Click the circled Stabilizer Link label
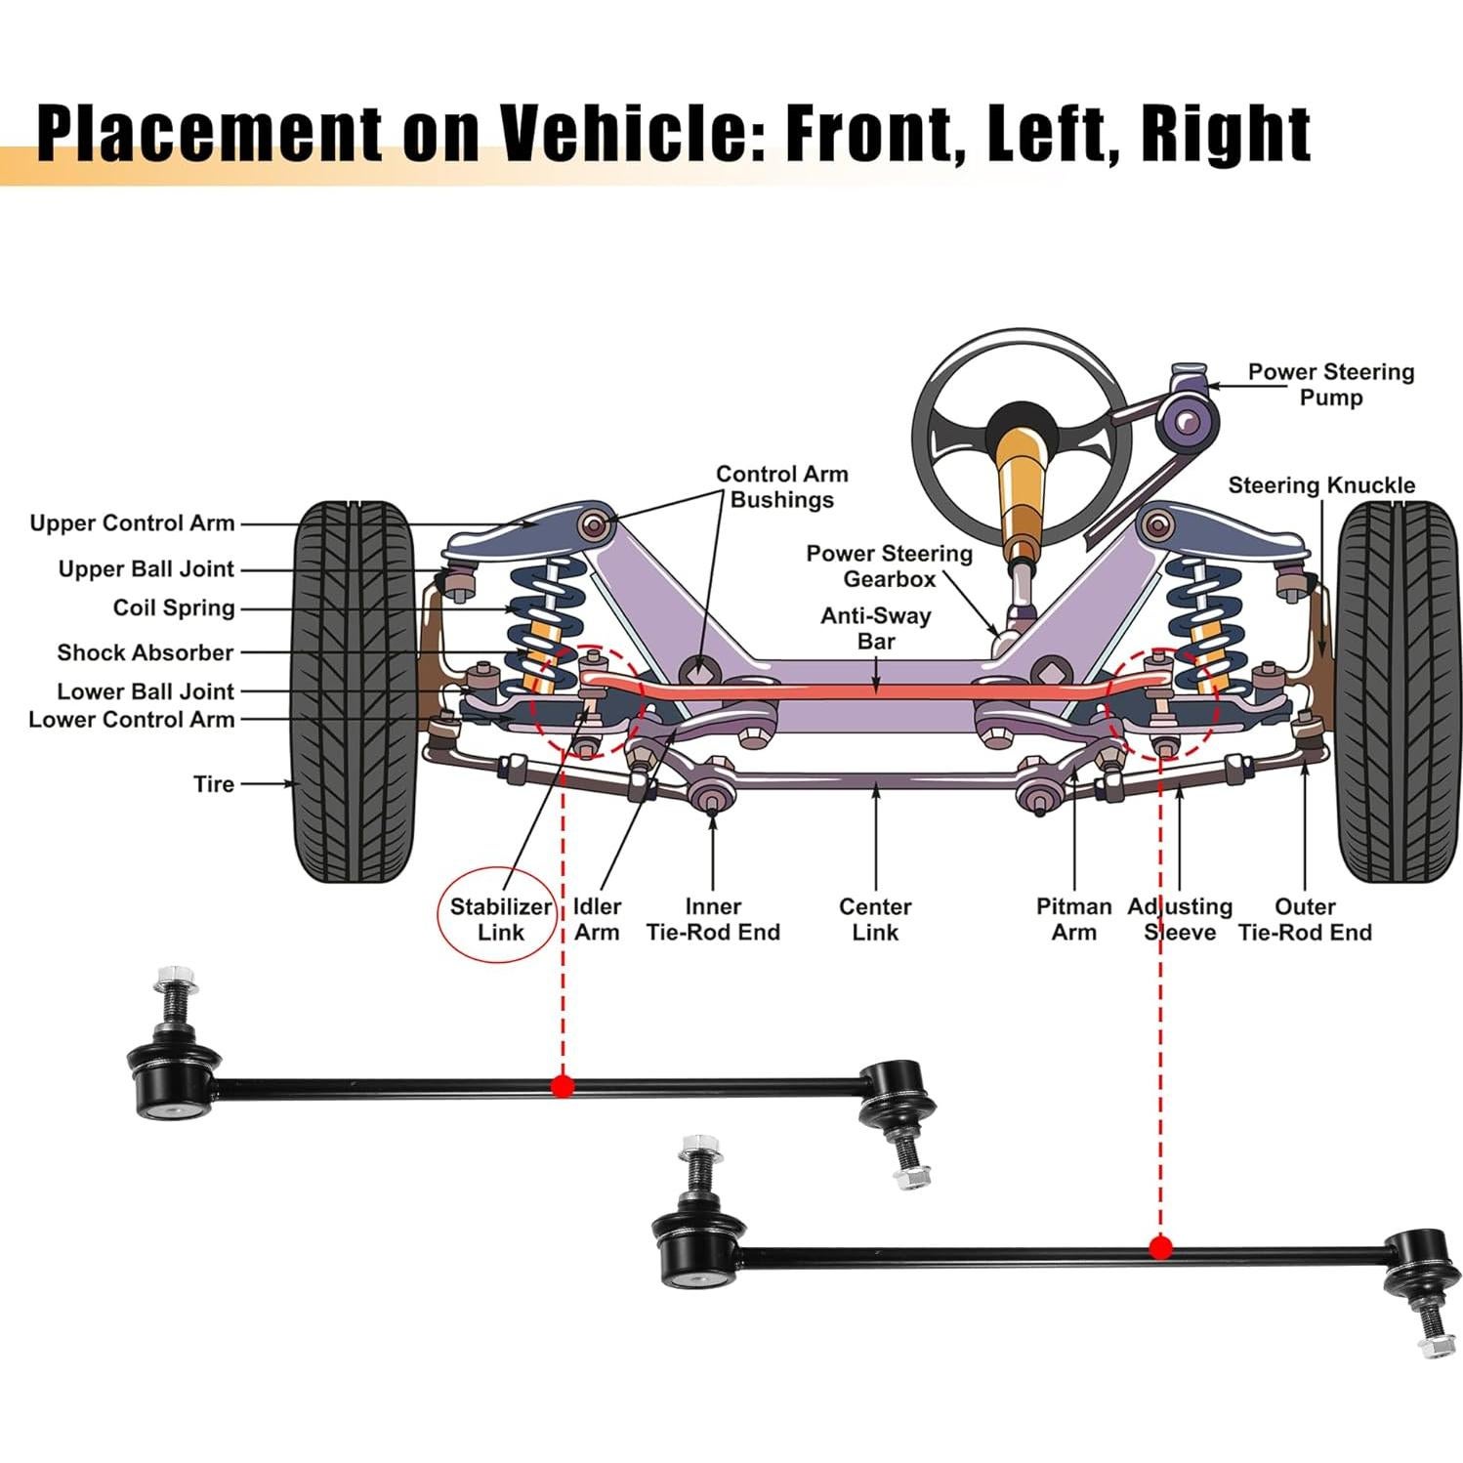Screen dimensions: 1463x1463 click(x=500, y=919)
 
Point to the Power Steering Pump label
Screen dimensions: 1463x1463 click(x=1330, y=385)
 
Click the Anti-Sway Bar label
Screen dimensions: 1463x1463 click(x=875, y=628)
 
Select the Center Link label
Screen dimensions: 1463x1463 click(x=875, y=919)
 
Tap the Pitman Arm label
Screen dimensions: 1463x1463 click(x=1073, y=919)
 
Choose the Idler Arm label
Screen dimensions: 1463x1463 click(x=597, y=919)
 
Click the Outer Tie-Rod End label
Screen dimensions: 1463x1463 click(x=1305, y=919)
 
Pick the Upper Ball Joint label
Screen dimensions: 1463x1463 click(x=146, y=569)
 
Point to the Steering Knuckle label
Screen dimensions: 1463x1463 click(x=1320, y=485)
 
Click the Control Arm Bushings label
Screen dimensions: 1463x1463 click(x=781, y=486)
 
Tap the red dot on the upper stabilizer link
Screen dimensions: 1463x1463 click(x=562, y=1085)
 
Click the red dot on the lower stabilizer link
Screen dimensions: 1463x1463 click(x=1160, y=1247)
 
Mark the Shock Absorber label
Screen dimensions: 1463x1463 click(x=146, y=652)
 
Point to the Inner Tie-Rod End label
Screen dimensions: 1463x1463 click(x=713, y=919)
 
